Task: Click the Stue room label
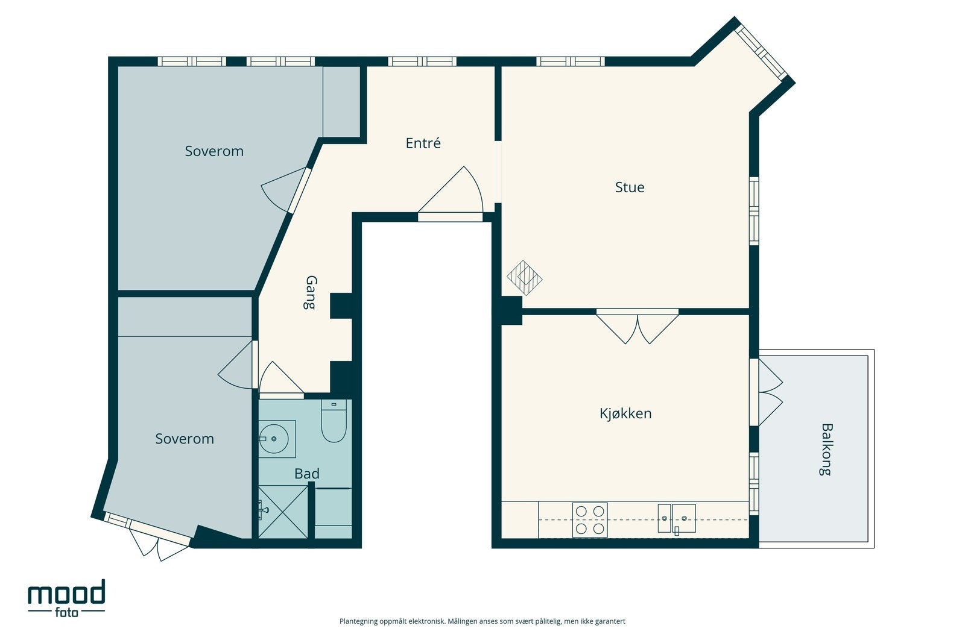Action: click(x=630, y=187)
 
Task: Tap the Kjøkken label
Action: click(x=625, y=413)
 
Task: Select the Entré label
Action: click(x=423, y=143)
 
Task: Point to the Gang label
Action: click(x=311, y=293)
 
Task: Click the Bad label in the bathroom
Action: click(x=307, y=474)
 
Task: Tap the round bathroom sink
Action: click(x=274, y=439)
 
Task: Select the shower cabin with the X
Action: click(x=283, y=512)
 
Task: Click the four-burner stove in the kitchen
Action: click(x=590, y=520)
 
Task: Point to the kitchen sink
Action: click(x=677, y=519)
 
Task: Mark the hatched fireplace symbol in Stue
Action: click(x=524, y=278)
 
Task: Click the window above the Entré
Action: click(x=422, y=61)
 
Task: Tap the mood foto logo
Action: click(x=67, y=598)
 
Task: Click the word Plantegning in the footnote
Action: click(x=358, y=621)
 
